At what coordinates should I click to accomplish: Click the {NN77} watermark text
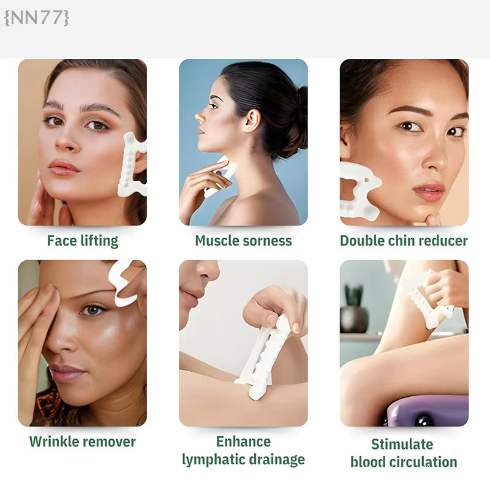point(37,18)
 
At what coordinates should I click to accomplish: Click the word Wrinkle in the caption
point(54,442)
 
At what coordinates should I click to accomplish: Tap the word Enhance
point(243,442)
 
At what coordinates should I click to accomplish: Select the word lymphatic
point(213,460)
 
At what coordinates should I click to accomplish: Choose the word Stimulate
point(402,444)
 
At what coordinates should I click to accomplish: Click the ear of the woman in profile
point(251,121)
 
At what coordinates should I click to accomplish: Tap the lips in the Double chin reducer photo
point(428,192)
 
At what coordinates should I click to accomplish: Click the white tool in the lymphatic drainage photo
point(266,356)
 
